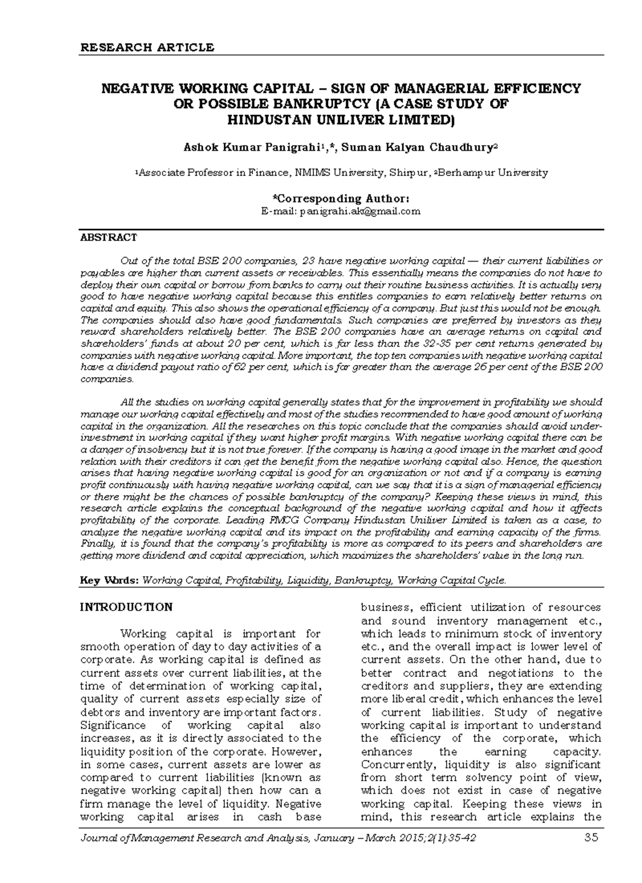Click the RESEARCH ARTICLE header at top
147,47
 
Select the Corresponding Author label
341,199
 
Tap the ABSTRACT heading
108,237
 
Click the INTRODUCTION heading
126,607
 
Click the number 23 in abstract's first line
309,261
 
